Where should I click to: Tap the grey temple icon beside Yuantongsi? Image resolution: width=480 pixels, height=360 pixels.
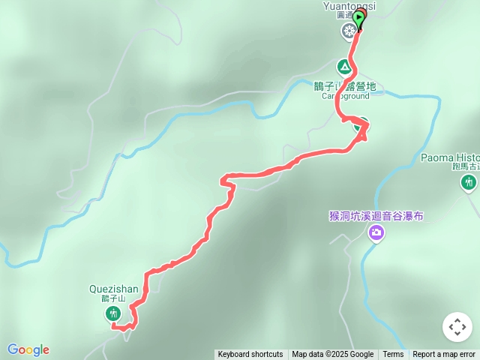(x=349, y=31)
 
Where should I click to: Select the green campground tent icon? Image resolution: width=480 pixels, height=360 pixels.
(x=344, y=66)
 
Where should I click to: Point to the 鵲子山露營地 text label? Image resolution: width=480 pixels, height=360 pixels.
(x=345, y=86)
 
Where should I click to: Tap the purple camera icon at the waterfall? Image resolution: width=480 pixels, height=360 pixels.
(x=376, y=233)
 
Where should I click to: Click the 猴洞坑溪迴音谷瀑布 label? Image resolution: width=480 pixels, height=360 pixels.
(x=376, y=216)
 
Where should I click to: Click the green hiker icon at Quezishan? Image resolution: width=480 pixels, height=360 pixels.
(x=113, y=313)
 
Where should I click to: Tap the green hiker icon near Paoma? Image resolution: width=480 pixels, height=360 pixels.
(x=469, y=182)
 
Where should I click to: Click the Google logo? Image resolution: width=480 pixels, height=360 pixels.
(x=28, y=349)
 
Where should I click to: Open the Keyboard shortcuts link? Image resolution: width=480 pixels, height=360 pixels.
(x=250, y=355)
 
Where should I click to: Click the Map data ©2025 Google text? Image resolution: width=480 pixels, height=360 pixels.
(x=332, y=355)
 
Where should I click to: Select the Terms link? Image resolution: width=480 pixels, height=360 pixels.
(x=393, y=355)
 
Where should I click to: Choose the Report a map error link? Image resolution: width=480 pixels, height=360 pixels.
(x=444, y=355)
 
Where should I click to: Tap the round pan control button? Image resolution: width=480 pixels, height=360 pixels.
(x=457, y=327)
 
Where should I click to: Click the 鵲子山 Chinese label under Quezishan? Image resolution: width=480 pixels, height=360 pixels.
(x=112, y=298)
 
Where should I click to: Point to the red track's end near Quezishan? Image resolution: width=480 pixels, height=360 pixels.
(x=115, y=326)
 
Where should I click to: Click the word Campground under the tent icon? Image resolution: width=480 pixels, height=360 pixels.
(x=346, y=96)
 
